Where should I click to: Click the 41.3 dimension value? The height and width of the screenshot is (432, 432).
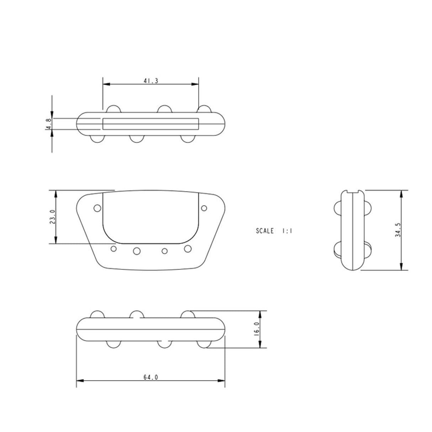pos(151,81)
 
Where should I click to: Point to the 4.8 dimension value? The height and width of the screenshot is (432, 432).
pos(49,124)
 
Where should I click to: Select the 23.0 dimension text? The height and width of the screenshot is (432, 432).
pos(52,217)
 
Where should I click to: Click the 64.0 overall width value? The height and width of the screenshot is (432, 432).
pos(151,377)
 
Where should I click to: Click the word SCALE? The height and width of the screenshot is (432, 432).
pos(265,231)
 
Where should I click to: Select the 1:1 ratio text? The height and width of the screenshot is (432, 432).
pos(287,231)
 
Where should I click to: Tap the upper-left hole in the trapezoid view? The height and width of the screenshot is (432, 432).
pos(97,208)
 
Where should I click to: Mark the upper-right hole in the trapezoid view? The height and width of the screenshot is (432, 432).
pos(204,208)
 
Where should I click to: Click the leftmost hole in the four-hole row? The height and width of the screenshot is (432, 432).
pos(114,249)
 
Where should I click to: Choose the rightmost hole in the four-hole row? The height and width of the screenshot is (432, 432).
pos(188,249)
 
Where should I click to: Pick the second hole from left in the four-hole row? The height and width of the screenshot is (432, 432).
pos(137,251)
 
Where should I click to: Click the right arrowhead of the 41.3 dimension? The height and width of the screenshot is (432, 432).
pos(195,84)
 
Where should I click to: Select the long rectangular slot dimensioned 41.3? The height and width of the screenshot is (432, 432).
pos(151,123)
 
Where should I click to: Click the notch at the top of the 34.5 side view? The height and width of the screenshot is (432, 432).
pos(352,193)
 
